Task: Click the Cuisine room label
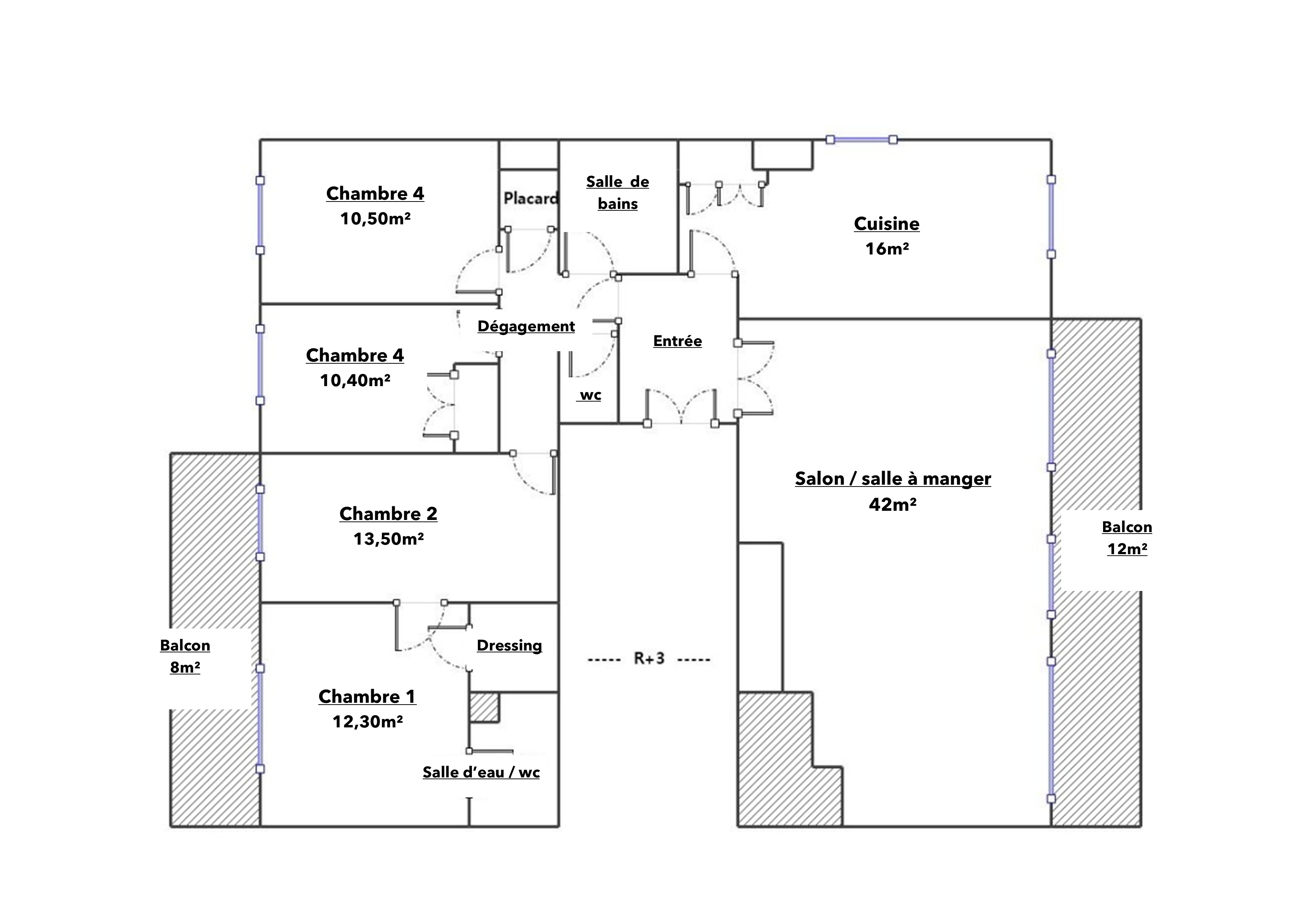tap(887, 224)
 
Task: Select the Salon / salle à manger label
tap(893, 479)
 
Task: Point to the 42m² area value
tap(893, 504)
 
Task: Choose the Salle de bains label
tap(617, 193)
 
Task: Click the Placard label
tap(530, 198)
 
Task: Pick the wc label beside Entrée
tap(590, 395)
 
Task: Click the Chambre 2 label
tap(388, 514)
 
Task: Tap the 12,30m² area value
tap(368, 722)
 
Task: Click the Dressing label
tap(509, 646)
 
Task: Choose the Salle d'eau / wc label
tap(481, 772)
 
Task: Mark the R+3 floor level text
tap(649, 658)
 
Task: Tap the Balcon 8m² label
tap(185, 656)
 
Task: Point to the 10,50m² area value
tap(375, 218)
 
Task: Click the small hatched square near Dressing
tap(484, 707)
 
